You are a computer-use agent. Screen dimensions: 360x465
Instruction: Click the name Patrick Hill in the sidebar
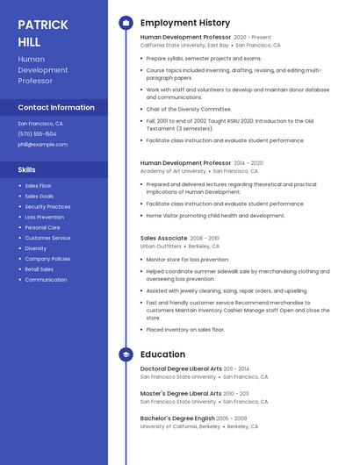pyautogui.click(x=42, y=32)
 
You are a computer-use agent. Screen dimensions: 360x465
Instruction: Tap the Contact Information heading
pyautogui.click(x=55, y=107)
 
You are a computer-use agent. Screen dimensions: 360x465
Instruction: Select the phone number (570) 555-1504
pyautogui.click(x=36, y=133)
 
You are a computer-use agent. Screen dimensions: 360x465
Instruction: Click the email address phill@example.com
pyautogui.click(x=42, y=144)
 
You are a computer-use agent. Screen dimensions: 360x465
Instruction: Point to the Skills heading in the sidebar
pyautogui.click(x=26, y=169)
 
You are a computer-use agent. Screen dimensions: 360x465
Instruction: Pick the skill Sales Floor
pyautogui.click(x=38, y=186)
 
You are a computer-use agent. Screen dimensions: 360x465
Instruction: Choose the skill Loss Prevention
pyautogui.click(x=44, y=217)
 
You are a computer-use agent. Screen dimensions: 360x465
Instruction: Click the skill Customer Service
pyautogui.click(x=47, y=238)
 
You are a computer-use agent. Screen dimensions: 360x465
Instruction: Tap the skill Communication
pyautogui.click(x=46, y=280)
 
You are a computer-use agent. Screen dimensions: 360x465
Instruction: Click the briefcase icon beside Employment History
pyautogui.click(x=126, y=23)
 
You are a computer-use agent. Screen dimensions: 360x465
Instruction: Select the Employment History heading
pyautogui.click(x=184, y=23)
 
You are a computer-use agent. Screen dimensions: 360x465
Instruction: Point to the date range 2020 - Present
pyautogui.click(x=252, y=38)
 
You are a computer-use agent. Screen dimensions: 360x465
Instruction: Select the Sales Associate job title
pyautogui.click(x=163, y=238)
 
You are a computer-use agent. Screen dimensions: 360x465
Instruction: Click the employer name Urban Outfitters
pyautogui.click(x=161, y=247)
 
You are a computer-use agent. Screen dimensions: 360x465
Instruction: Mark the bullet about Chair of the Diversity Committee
pyautogui.click(x=189, y=109)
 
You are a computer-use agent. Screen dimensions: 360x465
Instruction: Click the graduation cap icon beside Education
pyautogui.click(x=126, y=354)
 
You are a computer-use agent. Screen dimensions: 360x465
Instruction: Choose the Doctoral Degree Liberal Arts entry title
pyautogui.click(x=180, y=368)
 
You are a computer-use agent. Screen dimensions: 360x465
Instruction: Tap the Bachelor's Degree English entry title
pyautogui.click(x=176, y=418)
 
